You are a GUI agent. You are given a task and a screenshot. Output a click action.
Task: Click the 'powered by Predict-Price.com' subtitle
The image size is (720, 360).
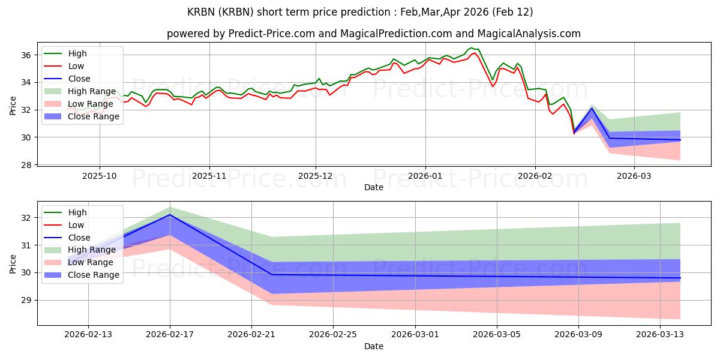coord(374,34)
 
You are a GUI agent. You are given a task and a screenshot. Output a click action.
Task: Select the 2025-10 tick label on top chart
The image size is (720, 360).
coord(100,177)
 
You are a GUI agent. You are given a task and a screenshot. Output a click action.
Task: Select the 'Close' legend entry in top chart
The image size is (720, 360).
coord(80,79)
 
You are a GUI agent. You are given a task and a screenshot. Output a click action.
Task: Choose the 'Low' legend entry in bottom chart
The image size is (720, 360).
coord(76,225)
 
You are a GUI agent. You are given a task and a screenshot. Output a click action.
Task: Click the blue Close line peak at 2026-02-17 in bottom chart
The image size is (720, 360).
coord(170,214)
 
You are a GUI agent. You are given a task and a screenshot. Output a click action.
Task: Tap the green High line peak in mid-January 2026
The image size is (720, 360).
coord(472,48)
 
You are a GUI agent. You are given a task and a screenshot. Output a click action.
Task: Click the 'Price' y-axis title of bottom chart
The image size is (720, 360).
coord(13,263)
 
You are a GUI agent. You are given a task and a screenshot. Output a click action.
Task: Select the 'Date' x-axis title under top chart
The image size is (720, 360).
coord(374,188)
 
